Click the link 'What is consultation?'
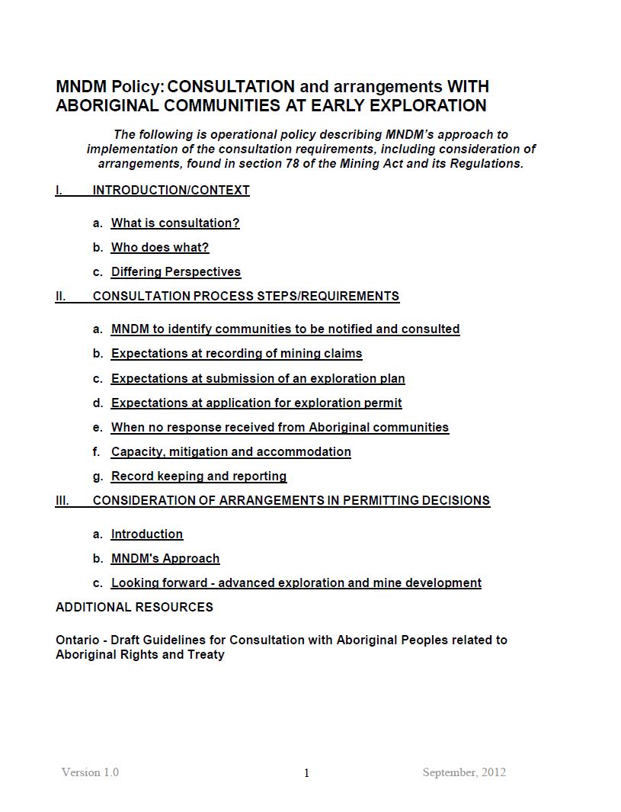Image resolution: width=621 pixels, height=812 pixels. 175,223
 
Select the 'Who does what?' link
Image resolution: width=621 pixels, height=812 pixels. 160,248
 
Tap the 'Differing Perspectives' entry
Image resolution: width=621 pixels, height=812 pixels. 176,272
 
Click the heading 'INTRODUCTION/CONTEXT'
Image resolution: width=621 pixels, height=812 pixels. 171,191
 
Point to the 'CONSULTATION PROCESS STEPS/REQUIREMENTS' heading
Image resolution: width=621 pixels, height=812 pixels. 245,297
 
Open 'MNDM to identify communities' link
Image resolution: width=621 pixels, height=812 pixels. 285,329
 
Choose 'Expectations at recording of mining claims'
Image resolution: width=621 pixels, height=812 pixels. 236,354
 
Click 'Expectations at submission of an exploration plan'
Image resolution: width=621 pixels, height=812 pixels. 258,379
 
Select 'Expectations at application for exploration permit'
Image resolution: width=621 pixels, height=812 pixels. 256,403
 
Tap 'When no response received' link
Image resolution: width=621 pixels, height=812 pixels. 280,428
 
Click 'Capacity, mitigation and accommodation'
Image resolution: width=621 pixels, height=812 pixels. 231,452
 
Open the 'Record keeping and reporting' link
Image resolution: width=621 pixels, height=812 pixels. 199,477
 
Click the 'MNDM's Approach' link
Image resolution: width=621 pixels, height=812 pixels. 165,559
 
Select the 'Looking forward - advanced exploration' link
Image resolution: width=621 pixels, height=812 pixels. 296,583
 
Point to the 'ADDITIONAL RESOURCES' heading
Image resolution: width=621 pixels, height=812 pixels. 134,608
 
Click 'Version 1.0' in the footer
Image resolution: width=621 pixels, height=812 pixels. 90,772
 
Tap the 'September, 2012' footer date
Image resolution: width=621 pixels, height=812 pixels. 464,772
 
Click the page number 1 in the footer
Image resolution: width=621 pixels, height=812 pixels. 307,774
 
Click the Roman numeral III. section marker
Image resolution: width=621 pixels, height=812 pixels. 62,501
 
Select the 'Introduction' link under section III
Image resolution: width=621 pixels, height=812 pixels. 147,534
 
